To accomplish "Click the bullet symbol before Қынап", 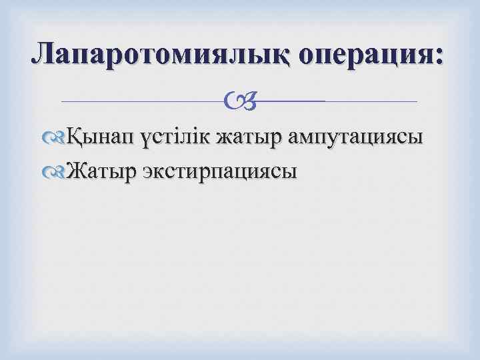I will point(59,139).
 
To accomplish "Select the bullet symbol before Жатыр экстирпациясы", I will point(59,172).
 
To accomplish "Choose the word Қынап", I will point(103,138).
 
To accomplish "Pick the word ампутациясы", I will point(357,139).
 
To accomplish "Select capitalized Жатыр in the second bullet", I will point(101,171).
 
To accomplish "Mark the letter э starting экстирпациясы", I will point(147,172).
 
